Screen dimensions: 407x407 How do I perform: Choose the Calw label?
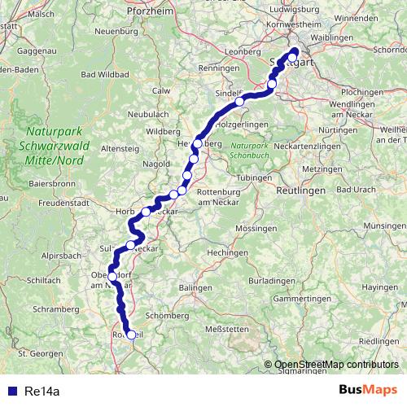161,90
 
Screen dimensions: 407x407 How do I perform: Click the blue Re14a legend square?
10,391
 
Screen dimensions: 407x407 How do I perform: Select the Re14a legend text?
42,391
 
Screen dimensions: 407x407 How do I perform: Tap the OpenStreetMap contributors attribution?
335,365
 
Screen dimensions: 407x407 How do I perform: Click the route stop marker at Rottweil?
130,335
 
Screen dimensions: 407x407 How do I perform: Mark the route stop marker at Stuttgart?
294,57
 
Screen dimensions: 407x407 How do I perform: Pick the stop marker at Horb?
147,212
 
